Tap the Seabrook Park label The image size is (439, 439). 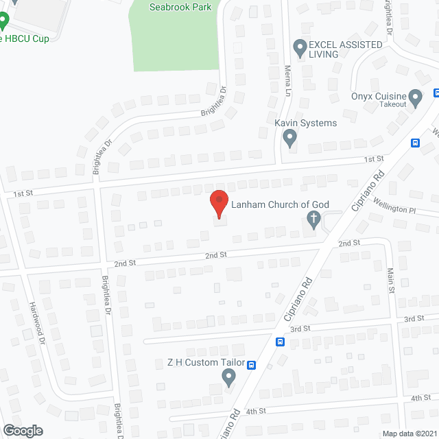click(x=180, y=7)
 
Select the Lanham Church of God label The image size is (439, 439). click(x=280, y=204)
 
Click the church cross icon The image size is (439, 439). click(x=313, y=219)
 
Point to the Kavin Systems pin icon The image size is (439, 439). click(x=290, y=139)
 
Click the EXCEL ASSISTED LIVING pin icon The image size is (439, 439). click(x=300, y=48)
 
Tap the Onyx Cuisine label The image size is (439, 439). click(x=379, y=97)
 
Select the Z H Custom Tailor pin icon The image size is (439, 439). click(x=229, y=377)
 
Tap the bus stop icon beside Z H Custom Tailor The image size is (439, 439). click(x=252, y=365)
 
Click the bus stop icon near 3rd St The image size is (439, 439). click(x=280, y=342)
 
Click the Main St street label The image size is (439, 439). click(x=392, y=281)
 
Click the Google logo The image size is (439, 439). click(x=22, y=431)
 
